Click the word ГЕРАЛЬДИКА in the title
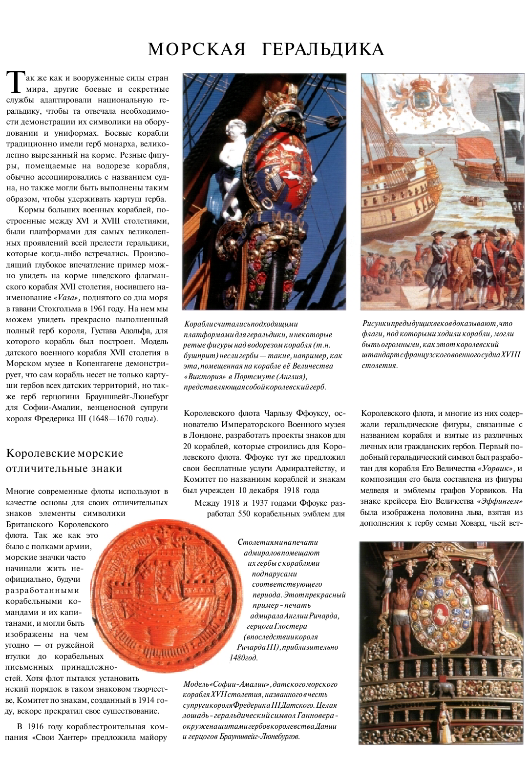(x=323, y=49)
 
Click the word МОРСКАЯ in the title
(x=197, y=49)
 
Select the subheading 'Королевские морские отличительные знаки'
(x=64, y=461)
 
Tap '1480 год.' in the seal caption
(x=243, y=657)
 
